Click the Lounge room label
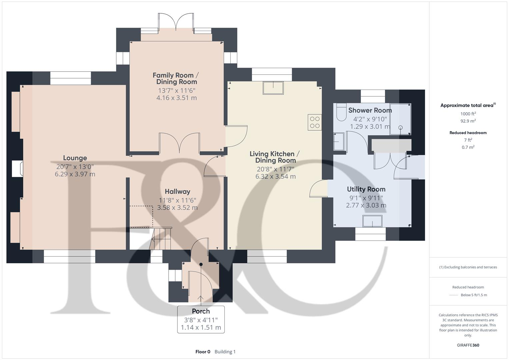75,158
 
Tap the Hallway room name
177,192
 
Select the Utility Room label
366,189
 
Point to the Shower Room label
370,110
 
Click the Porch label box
201,319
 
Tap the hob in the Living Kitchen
315,122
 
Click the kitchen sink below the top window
273,88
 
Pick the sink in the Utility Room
372,221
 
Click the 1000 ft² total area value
468,114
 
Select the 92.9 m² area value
468,121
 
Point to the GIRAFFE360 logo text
468,345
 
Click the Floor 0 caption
203,352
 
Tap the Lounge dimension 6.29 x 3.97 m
75,174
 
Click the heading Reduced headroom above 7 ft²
468,133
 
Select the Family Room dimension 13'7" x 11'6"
176,90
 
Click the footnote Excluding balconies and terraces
468,267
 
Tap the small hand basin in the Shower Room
338,141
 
